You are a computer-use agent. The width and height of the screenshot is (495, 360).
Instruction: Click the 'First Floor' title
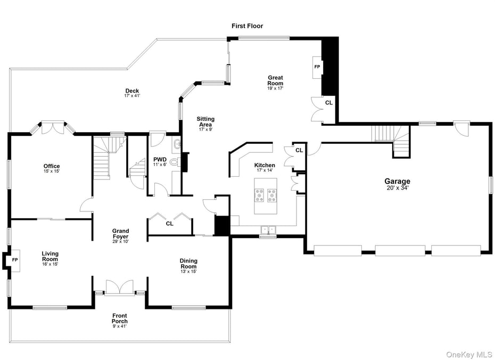[x=247, y=26]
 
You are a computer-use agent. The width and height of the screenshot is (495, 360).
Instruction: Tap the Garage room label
[x=397, y=181]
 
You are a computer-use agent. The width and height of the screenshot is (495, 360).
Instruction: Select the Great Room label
[x=275, y=80]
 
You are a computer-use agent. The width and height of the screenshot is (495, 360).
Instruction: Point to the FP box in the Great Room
[x=317, y=67]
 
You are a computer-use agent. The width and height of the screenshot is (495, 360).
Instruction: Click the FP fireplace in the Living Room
[x=15, y=260]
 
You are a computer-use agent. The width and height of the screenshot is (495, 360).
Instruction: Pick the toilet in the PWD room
[x=175, y=162]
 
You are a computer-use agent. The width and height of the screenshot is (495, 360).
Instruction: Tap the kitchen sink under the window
[x=268, y=230]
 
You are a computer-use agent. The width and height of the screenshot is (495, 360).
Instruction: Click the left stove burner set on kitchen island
[x=260, y=195]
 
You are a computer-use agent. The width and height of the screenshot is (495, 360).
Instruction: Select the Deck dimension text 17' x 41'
[x=132, y=95]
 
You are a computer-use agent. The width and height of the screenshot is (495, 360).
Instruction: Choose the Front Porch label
[x=120, y=318]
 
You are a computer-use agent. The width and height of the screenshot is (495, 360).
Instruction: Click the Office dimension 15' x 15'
[x=52, y=171]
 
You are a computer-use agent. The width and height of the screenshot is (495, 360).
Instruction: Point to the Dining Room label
[x=188, y=264]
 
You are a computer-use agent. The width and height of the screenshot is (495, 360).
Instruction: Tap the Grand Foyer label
[x=121, y=234]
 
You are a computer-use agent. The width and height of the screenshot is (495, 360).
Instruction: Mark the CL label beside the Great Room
[x=328, y=103]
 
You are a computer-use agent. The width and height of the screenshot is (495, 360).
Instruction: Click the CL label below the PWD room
[x=170, y=224]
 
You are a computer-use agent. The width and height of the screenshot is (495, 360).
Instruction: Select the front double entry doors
[x=120, y=287]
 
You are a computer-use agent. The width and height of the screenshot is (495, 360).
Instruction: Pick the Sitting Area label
[x=205, y=121]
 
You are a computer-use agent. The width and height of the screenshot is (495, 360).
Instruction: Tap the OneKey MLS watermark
[x=469, y=354]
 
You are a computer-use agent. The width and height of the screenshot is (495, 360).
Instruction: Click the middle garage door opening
[x=400, y=251]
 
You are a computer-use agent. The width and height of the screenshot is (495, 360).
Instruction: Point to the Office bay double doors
[x=53, y=127]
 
